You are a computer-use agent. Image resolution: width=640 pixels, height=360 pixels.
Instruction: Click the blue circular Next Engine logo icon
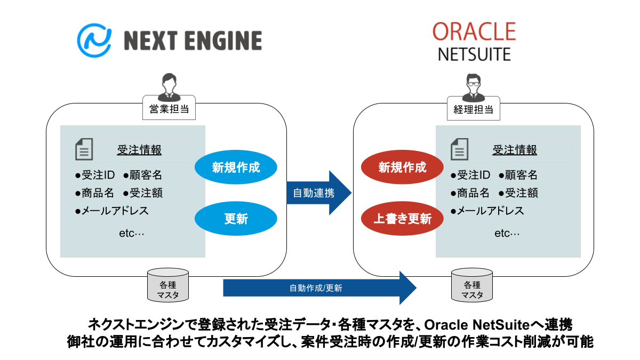point(94,40)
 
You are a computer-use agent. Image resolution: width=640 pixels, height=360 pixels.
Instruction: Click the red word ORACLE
point(474,31)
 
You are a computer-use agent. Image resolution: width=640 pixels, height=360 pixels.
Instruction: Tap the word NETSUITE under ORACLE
point(474,54)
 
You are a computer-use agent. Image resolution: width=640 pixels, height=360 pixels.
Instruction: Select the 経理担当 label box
point(473,110)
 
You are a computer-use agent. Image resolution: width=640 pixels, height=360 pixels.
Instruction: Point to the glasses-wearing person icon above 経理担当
point(473,87)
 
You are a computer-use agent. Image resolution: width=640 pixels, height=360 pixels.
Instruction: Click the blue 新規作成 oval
point(236,167)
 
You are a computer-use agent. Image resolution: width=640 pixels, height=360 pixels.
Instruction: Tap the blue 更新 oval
point(236,218)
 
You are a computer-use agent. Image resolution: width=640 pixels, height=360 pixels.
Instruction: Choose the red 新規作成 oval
point(403,167)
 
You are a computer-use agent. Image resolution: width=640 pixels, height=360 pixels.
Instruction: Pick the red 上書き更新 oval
point(403,218)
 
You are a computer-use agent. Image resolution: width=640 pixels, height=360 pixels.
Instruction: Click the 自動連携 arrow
point(317,193)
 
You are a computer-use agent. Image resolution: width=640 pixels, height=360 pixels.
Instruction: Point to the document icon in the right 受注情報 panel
point(460,149)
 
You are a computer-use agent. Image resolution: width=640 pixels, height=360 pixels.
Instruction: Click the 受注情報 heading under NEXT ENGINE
point(139,150)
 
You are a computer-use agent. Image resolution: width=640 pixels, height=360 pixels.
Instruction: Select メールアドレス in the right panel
point(490,211)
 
